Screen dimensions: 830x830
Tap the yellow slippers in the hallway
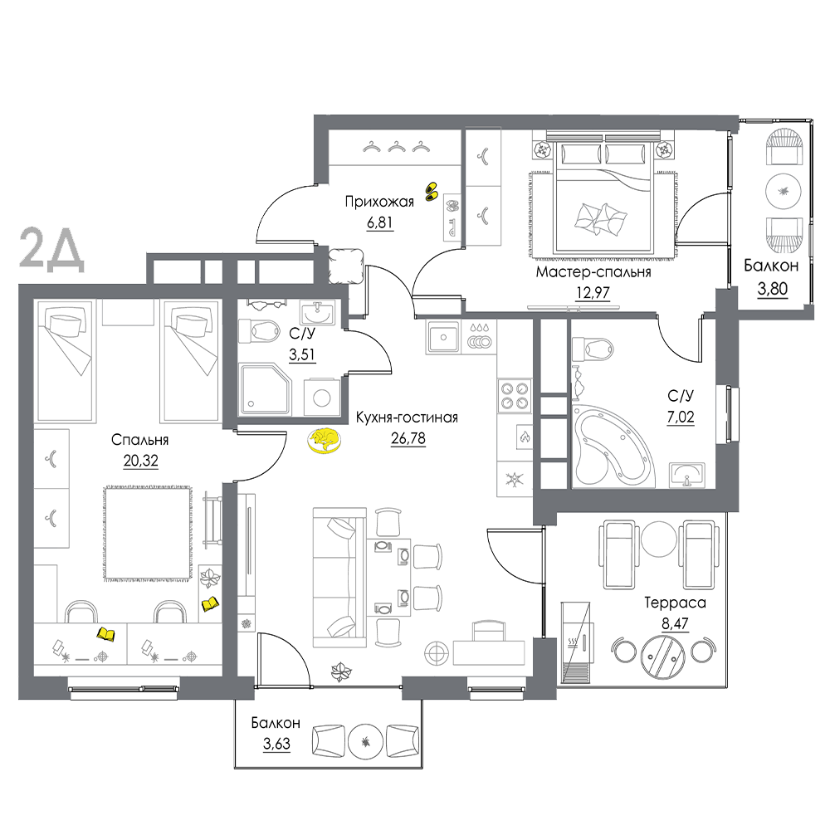point(432,191)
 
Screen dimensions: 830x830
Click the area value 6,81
point(380,222)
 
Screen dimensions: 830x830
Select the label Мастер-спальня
point(593,272)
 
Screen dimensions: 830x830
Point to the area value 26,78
point(408,439)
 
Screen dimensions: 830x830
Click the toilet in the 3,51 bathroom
point(259,331)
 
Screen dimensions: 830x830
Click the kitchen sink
point(443,337)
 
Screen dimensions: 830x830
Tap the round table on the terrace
point(662,656)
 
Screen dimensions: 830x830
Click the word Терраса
point(675,603)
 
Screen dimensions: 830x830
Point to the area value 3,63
point(277,745)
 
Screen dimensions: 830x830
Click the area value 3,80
point(772,289)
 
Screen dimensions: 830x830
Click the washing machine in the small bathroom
point(322,397)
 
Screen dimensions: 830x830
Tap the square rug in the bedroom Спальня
point(148,533)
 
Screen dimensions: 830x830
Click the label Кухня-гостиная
point(407,417)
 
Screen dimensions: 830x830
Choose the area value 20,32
point(141,461)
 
